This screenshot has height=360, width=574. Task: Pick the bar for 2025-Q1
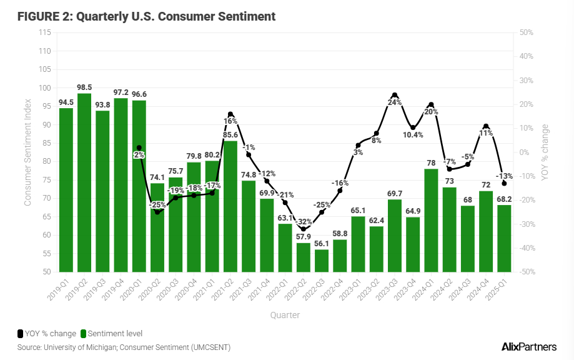(x=504, y=238)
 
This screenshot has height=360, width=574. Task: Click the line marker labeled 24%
(x=395, y=95)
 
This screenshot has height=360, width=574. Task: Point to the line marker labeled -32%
(x=304, y=229)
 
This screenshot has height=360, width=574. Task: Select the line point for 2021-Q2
(x=230, y=114)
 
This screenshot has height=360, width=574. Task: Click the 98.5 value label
(x=84, y=87)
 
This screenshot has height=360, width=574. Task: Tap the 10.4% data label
(x=413, y=134)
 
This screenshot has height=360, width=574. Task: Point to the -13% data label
(x=504, y=176)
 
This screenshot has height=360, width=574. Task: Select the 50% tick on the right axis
(x=525, y=32)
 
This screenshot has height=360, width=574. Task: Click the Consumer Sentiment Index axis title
(x=27, y=152)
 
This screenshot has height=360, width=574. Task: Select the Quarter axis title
(x=285, y=315)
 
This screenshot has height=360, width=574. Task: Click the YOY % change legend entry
(x=47, y=334)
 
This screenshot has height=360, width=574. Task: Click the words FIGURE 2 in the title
(x=42, y=16)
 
